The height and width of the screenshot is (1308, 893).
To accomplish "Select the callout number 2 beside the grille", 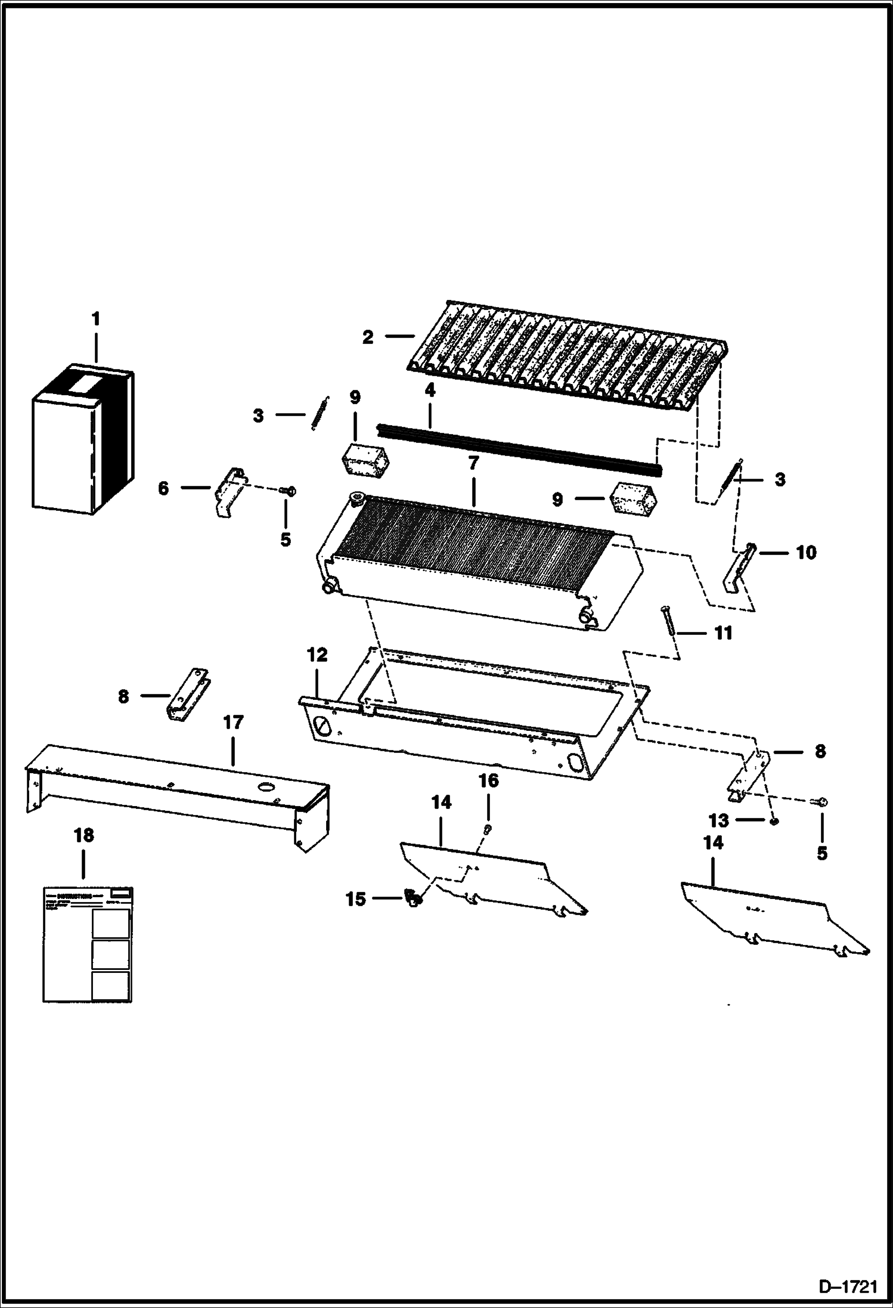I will point(368,337).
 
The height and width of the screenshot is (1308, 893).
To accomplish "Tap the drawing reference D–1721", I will point(848,1288).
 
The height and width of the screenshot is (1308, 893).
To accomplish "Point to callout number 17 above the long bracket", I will point(233,723).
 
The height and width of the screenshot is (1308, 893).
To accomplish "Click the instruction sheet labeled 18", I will point(87,944).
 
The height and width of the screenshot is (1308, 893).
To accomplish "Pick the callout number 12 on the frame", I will point(317,655).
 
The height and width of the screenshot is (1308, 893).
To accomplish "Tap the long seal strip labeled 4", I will point(519,448).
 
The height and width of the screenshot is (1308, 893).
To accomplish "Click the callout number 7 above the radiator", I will point(473,464).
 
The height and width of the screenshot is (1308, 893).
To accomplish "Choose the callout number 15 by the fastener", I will point(355,899).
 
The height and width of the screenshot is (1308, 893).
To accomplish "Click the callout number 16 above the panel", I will point(488,780).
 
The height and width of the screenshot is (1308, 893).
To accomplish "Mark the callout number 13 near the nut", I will point(718,821).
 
